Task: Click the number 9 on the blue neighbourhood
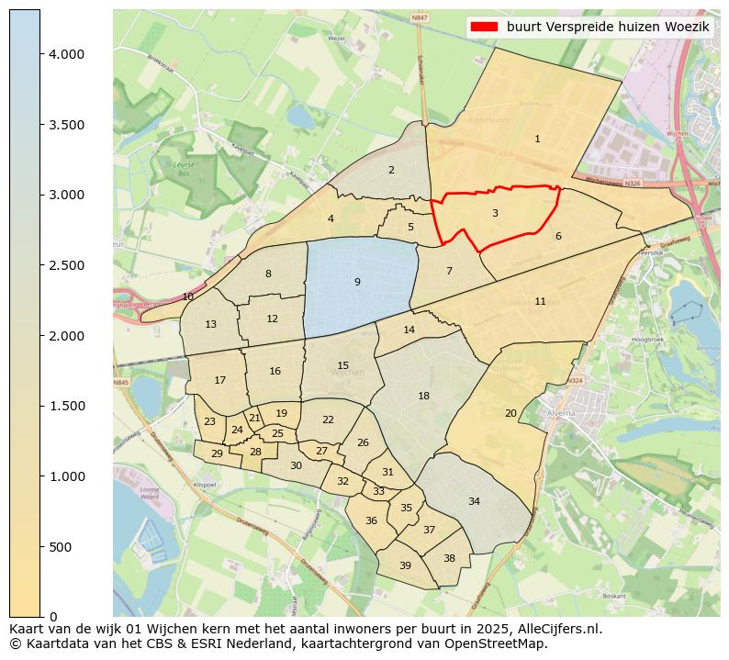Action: (357, 282)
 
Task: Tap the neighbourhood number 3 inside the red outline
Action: (495, 213)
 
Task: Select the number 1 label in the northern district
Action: (537, 139)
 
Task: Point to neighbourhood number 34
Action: (474, 501)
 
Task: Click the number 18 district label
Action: (423, 396)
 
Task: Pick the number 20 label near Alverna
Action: (510, 413)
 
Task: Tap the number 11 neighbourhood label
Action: (540, 301)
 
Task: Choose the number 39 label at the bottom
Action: (405, 565)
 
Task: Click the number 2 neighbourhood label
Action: (391, 170)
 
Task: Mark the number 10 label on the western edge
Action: (188, 296)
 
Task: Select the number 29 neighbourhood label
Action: (217, 453)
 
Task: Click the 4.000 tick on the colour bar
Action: (66, 54)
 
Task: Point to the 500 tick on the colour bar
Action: (59, 547)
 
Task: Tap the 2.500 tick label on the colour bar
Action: (66, 265)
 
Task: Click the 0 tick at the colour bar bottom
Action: (53, 617)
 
